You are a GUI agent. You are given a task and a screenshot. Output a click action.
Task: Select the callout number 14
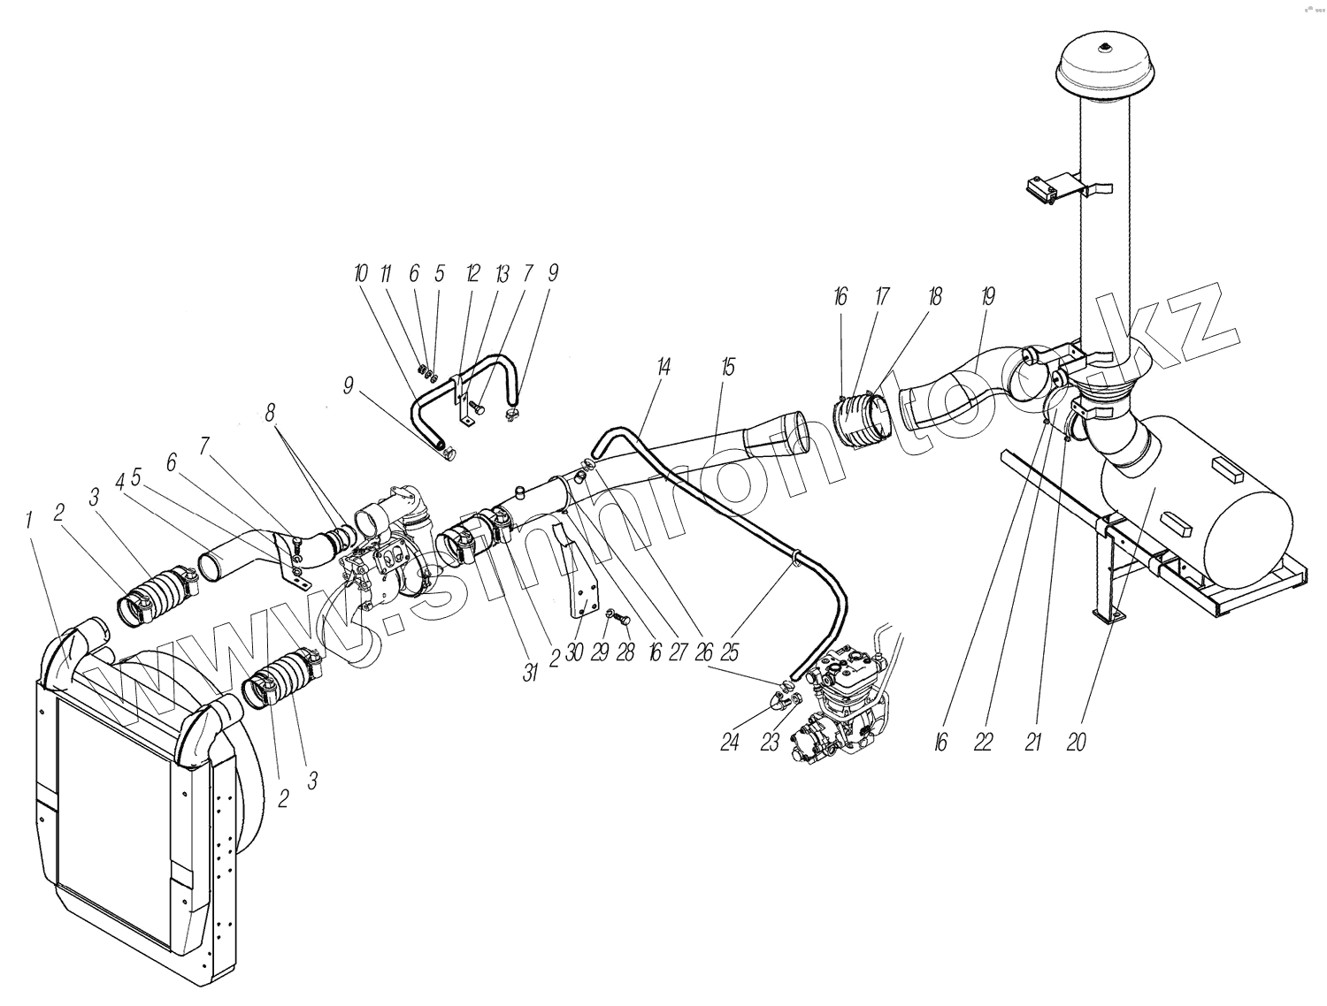coord(664,367)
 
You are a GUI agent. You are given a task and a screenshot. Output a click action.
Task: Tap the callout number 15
coord(728,367)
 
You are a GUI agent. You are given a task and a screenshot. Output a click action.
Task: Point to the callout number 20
coord(1076,743)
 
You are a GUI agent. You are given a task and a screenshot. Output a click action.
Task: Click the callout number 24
coord(729,743)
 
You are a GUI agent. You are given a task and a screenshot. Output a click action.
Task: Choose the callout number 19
coord(988,297)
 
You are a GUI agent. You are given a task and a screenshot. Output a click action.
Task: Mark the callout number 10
coord(360,274)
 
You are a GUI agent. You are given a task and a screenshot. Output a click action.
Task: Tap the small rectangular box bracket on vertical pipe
coord(1047,191)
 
